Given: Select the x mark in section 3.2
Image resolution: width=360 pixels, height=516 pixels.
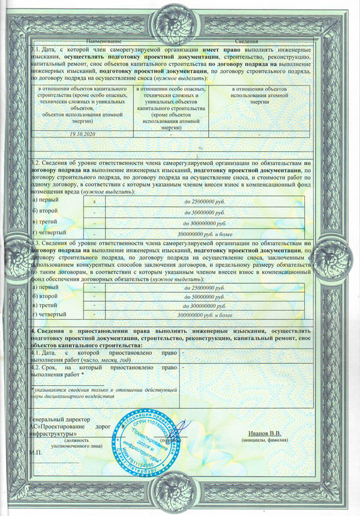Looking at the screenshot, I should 94,202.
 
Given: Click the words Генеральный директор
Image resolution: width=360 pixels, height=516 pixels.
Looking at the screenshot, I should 59,419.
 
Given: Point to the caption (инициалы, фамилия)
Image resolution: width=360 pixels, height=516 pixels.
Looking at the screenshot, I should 265,440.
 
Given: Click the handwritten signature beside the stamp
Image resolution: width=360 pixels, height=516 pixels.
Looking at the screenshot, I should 183,430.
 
